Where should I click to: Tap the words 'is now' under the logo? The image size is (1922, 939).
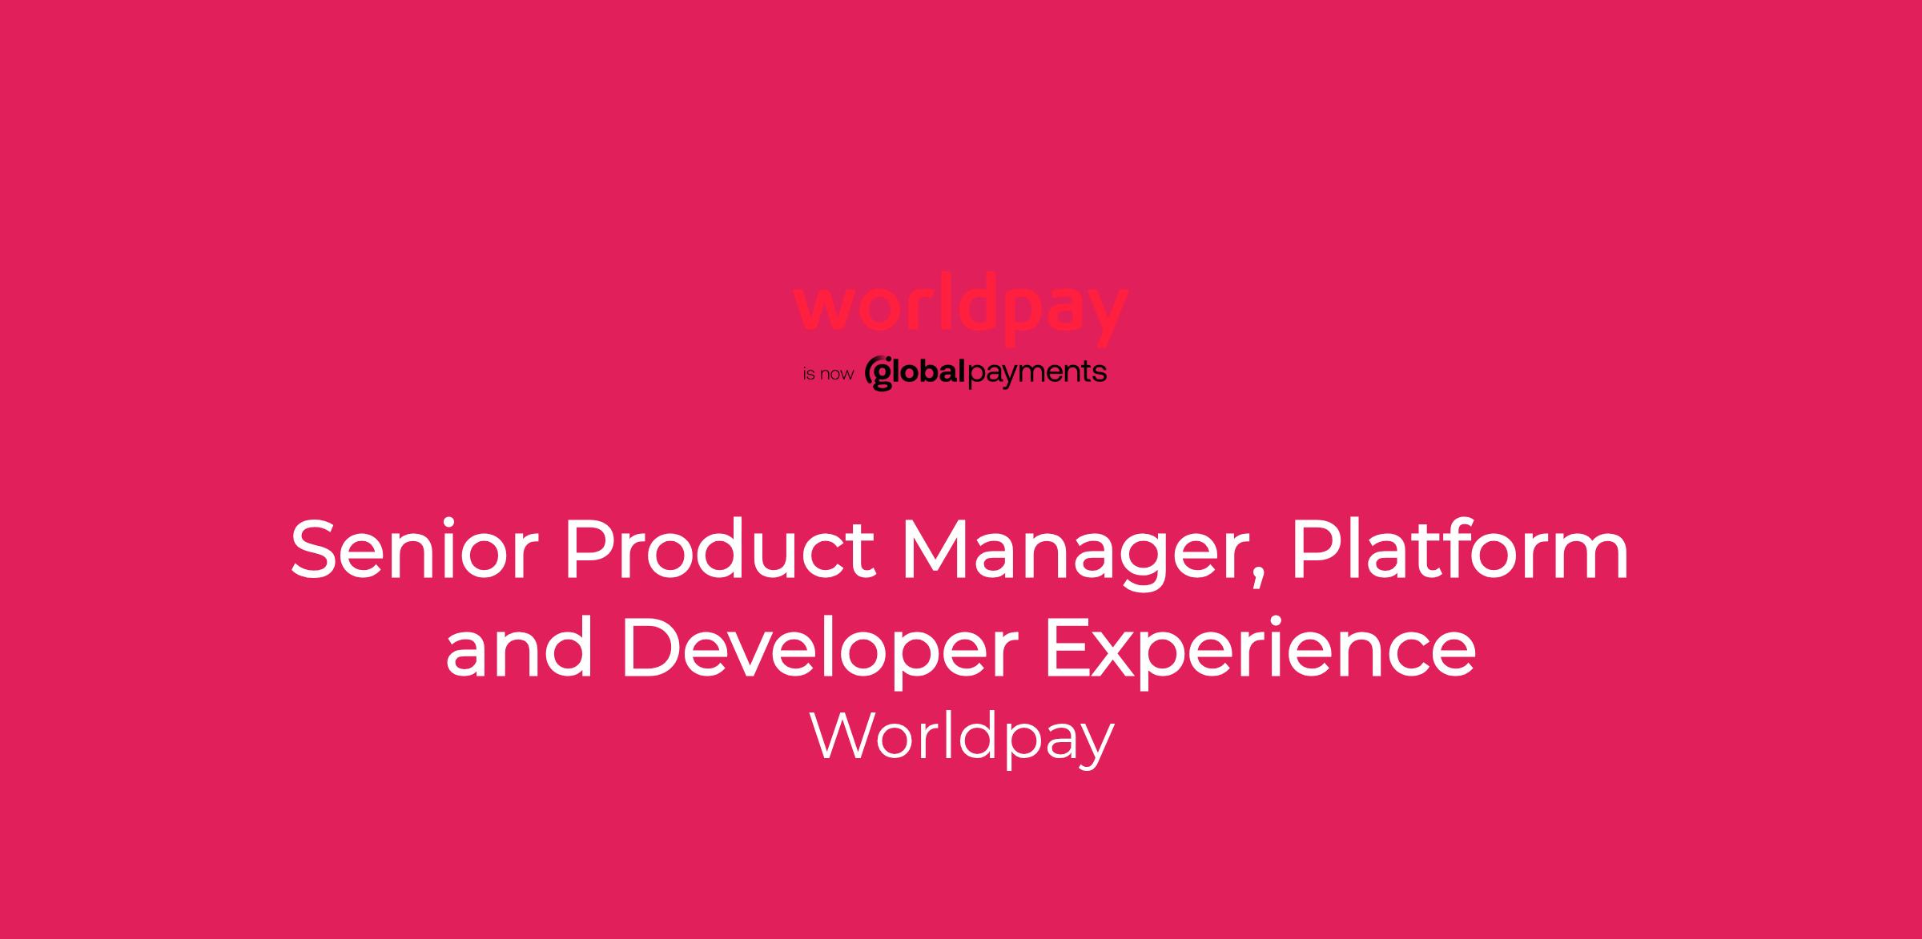tap(828, 374)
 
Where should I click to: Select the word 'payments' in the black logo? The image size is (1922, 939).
tap(1038, 374)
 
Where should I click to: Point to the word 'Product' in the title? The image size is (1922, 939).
tap(720, 550)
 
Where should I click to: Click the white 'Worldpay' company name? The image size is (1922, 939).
tap(963, 738)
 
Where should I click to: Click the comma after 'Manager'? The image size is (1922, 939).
tap(1257, 583)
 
